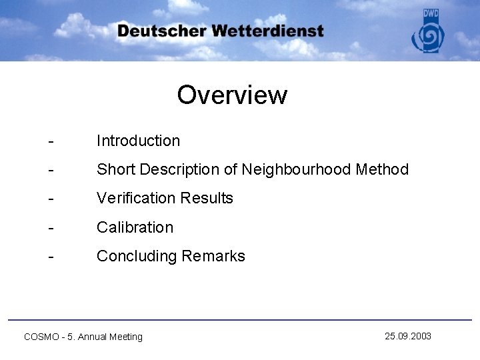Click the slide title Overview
pyautogui.click(x=232, y=95)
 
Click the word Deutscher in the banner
pyautogui.click(x=161, y=31)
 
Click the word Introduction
pyautogui.click(x=138, y=141)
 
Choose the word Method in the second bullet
pyautogui.click(x=382, y=170)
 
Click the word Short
pyautogui.click(x=115, y=170)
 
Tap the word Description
pyautogui.click(x=178, y=170)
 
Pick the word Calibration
pyautogui.click(x=135, y=227)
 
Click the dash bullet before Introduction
pyautogui.click(x=51, y=141)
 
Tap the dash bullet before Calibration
pyautogui.click(x=51, y=228)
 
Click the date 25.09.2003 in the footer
pyautogui.click(x=408, y=336)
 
